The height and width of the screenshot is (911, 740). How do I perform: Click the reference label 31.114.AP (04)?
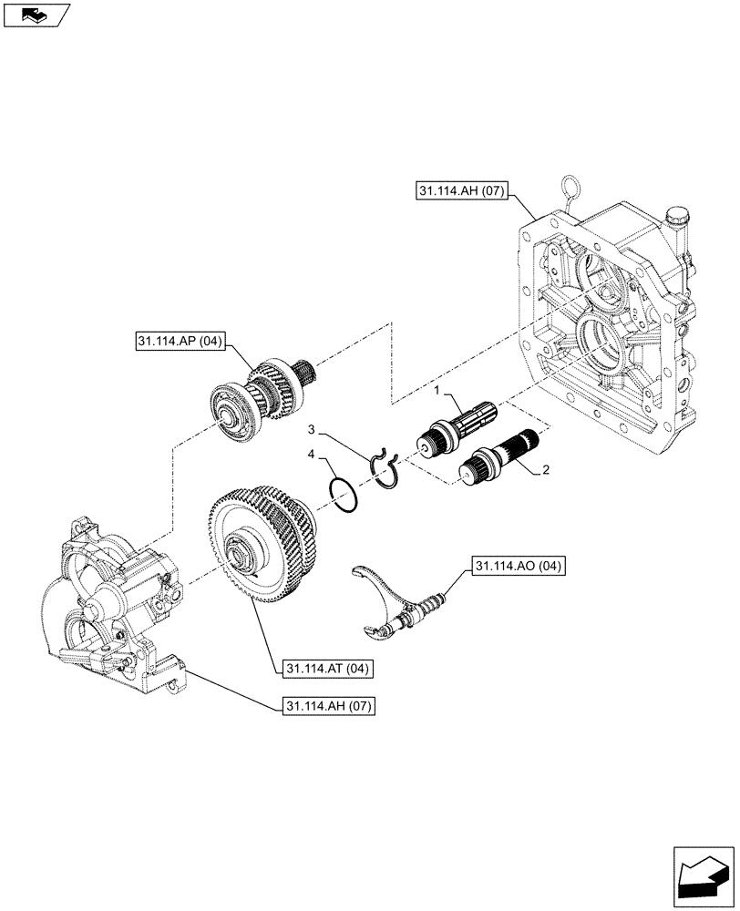click(181, 343)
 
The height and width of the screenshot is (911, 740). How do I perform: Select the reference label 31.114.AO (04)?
click(519, 566)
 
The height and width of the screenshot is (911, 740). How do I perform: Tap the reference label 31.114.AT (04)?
click(325, 669)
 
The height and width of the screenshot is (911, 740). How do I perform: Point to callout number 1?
click(437, 390)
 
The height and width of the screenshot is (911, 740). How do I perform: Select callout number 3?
click(311, 428)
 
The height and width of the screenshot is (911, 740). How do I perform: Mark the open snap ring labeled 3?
click(386, 467)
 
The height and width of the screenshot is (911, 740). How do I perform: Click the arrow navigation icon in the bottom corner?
click(703, 874)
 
